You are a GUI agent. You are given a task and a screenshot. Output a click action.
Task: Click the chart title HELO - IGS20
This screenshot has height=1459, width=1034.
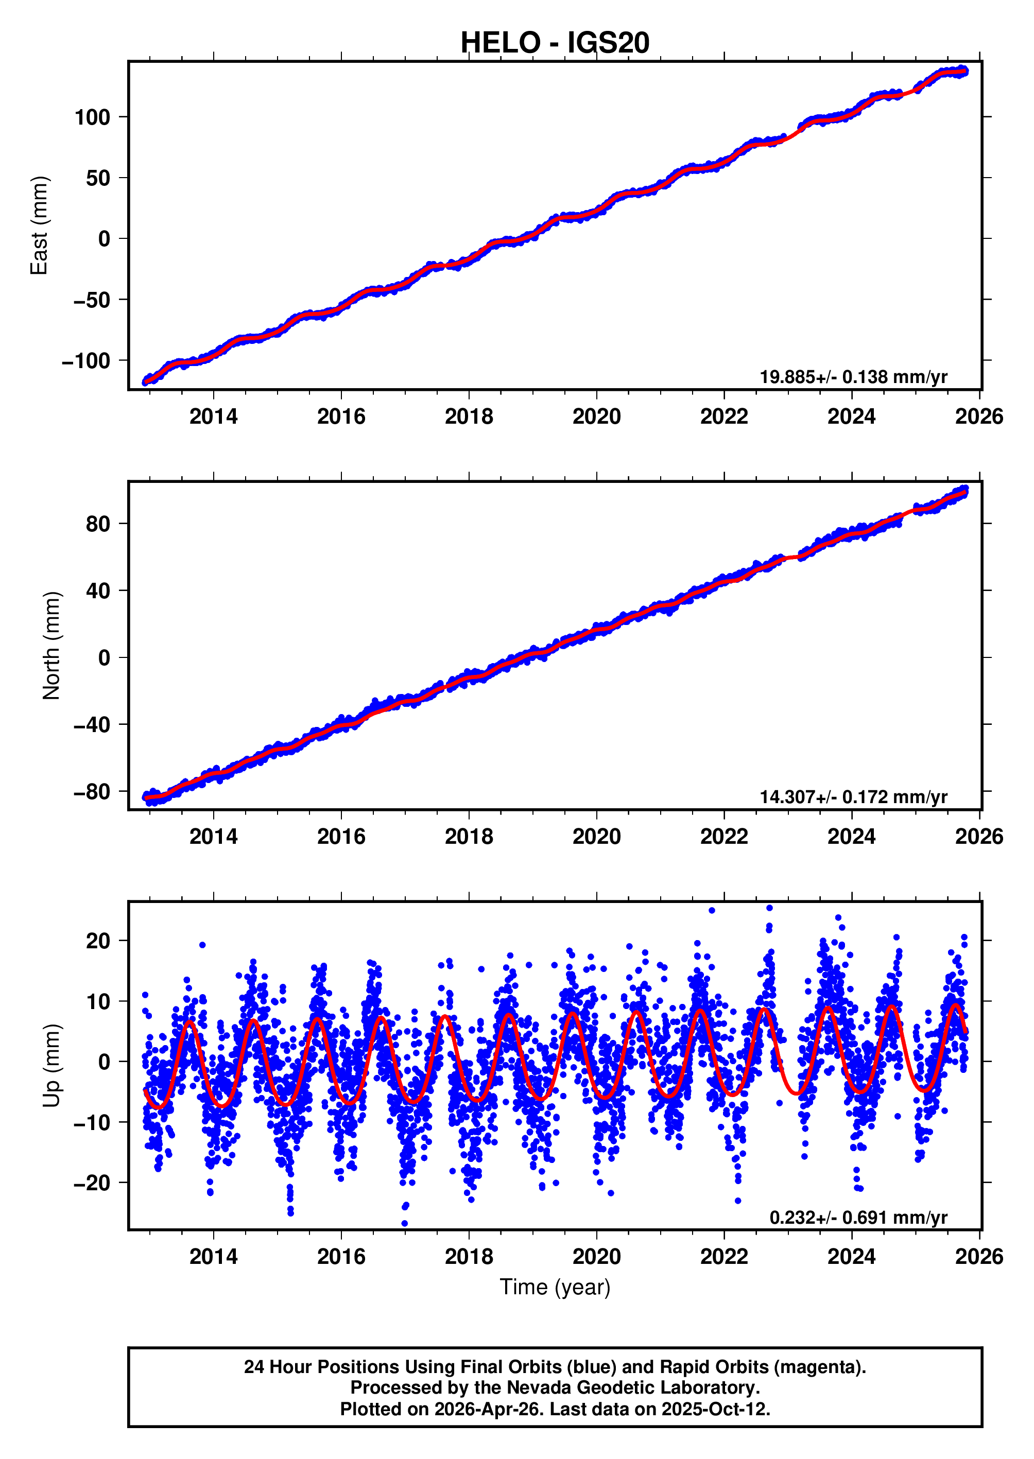(555, 43)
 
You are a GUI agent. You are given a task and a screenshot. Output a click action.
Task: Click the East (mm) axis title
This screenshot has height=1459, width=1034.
(40, 225)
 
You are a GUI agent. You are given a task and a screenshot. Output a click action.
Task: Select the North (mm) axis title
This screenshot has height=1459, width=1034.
(51, 646)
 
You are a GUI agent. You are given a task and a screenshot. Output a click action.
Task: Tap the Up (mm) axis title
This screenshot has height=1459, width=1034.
(51, 1066)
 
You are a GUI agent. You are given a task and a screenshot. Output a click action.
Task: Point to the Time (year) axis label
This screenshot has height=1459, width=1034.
(555, 1287)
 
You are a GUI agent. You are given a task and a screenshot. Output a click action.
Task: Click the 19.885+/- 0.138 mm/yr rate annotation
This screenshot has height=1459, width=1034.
(853, 377)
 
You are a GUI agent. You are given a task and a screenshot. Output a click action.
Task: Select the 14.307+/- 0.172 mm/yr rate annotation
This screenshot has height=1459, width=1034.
(853, 797)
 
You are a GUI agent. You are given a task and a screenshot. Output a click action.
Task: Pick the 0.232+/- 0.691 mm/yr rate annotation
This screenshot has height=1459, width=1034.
(858, 1217)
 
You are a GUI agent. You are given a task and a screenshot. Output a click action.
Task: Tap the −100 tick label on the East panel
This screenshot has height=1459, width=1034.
(86, 361)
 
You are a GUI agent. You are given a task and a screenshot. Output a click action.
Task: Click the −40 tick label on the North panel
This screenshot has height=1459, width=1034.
(92, 724)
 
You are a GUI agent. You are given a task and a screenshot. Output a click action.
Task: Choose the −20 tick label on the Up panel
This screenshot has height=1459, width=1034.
(92, 1183)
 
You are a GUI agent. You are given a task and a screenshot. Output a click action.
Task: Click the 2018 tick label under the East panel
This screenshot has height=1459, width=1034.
(469, 416)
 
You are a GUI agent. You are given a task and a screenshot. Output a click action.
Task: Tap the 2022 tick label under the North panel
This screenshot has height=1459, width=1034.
(724, 837)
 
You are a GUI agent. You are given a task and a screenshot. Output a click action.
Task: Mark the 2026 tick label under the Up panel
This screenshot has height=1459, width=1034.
(978, 1257)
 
